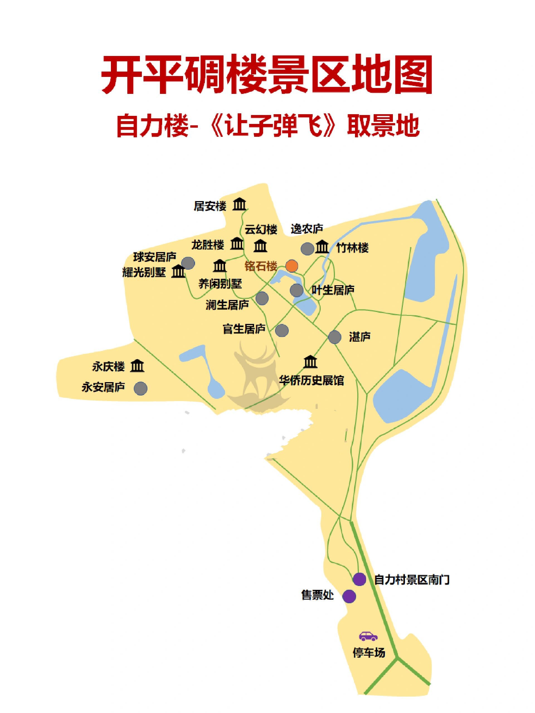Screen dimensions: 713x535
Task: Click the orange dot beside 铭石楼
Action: pos(291,266)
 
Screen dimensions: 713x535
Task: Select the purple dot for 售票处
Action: pos(349,596)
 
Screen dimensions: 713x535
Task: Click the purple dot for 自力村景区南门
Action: pos(359,579)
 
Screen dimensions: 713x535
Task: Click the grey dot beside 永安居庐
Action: pos(141,388)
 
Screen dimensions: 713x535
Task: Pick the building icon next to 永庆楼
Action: pos(137,366)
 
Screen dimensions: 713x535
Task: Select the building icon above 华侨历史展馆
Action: pos(310,362)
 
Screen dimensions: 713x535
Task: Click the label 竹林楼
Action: pos(352,248)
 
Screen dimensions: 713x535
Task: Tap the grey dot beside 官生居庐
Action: pos(282,330)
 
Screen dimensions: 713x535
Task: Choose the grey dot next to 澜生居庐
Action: pos(262,298)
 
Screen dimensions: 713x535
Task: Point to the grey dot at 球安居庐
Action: pos(188,263)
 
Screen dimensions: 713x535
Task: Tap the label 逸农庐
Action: pos(307,229)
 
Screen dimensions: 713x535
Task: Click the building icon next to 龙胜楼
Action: pos(237,244)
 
